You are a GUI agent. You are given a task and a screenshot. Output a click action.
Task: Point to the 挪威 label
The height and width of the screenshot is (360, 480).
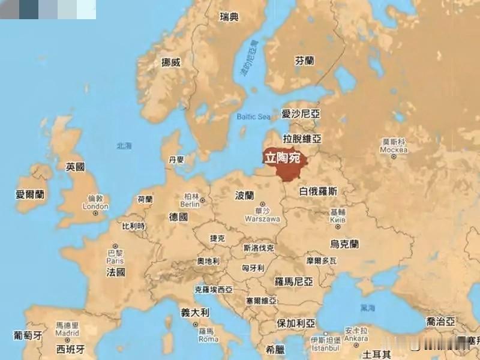pyautogui.click(x=171, y=62)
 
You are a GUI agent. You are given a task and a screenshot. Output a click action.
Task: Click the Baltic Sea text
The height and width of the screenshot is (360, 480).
pyautogui.click(x=254, y=116)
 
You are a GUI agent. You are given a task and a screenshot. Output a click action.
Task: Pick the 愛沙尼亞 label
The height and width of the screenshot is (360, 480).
pyautogui.click(x=301, y=113)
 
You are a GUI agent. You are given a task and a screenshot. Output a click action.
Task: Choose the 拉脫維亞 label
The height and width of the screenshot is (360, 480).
pyautogui.click(x=302, y=139)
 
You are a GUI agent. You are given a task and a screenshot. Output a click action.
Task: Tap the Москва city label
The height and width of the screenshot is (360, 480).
pyautogui.click(x=394, y=149)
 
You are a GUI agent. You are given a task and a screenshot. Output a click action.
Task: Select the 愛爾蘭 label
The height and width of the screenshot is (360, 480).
pyautogui.click(x=30, y=194)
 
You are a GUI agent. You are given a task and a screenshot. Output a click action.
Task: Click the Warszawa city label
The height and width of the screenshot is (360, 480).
pyautogui.click(x=262, y=219)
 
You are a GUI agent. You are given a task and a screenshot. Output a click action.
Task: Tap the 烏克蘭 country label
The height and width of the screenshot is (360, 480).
pyautogui.click(x=344, y=244)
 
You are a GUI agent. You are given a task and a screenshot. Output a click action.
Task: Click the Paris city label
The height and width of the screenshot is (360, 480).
pyautogui.click(x=115, y=261)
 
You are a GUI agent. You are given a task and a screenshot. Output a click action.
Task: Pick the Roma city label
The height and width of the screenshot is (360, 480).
pyautogui.click(x=208, y=339)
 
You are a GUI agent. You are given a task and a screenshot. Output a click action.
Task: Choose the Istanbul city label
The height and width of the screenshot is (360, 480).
pyautogui.click(x=325, y=347)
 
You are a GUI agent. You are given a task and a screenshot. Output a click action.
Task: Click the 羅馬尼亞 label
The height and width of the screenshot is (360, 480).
pyautogui.click(x=294, y=281)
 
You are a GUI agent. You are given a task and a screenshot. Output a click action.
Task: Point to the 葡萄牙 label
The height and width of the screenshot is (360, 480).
pyautogui.click(x=28, y=335)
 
